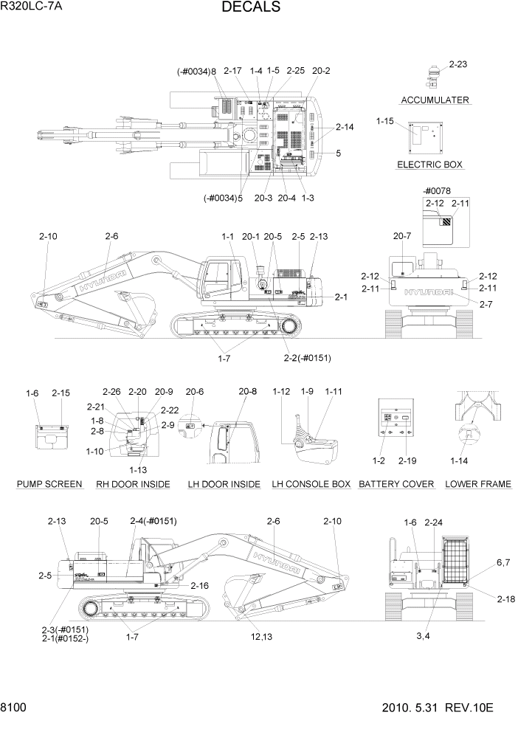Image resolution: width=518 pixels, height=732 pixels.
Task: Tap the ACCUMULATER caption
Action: (435, 100)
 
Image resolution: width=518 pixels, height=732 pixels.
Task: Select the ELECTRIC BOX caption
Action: (430, 165)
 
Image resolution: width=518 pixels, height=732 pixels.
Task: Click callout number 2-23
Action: (457, 65)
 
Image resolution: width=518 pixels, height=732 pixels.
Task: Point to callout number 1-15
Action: (385, 121)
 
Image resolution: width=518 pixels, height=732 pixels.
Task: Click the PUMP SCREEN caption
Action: (49, 484)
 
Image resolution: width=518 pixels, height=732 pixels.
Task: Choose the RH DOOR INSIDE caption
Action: (133, 484)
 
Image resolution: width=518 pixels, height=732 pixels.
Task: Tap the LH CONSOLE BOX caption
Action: (311, 484)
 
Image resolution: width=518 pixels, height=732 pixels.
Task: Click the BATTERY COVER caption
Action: (396, 484)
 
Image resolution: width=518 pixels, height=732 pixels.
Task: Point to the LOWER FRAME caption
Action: (478, 484)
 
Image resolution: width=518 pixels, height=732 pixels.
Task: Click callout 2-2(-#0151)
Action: (307, 359)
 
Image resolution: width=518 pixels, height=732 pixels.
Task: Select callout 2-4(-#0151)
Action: (153, 521)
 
